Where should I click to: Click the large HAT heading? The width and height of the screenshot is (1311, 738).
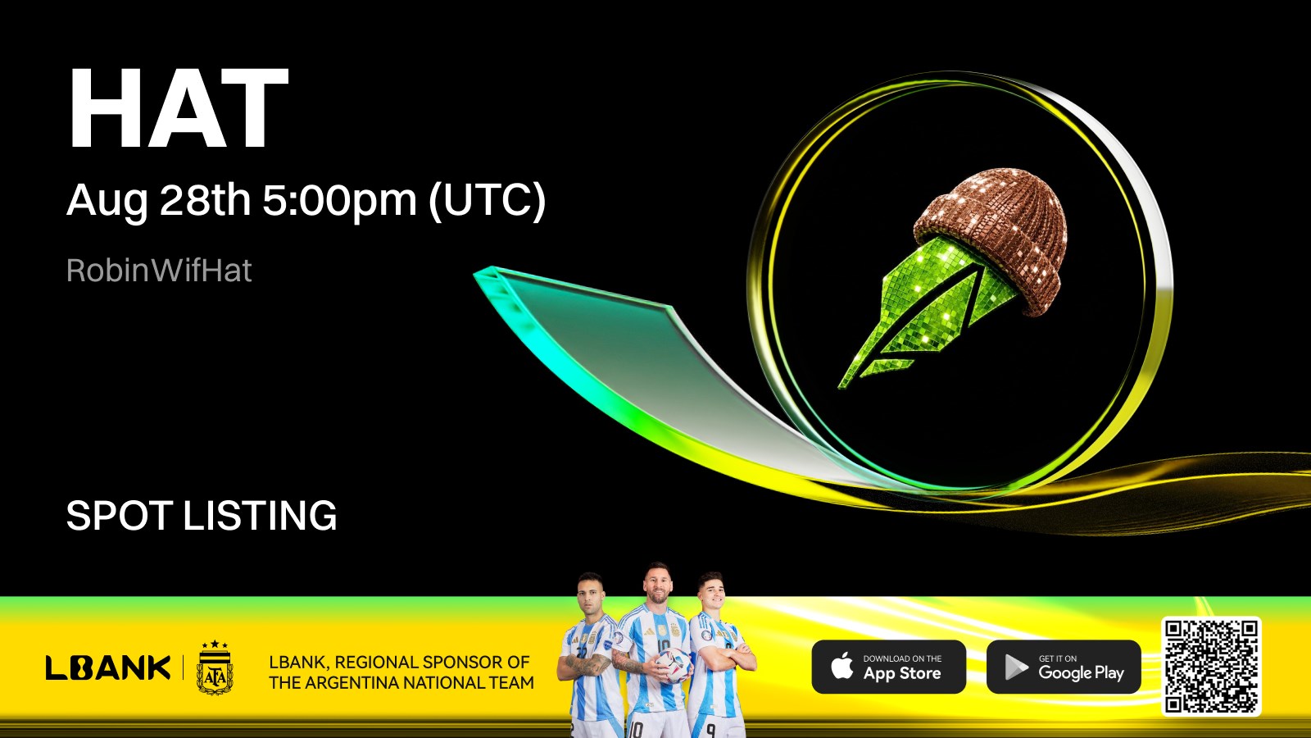point(179,108)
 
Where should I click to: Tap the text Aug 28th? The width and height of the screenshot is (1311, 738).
point(159,200)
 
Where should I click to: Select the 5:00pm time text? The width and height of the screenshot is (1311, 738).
point(339,200)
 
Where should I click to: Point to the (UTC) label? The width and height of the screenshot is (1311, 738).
point(487,200)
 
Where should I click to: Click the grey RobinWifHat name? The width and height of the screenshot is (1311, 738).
point(159,270)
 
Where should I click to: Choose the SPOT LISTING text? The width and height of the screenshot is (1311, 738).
point(202,516)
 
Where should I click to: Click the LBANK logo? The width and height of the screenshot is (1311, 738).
point(108,667)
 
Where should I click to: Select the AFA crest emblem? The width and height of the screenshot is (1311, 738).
point(215,667)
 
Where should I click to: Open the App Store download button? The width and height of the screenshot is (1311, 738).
point(888,667)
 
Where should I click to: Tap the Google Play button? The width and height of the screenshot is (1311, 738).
point(1064,667)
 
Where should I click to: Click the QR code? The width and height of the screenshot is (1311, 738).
point(1211,666)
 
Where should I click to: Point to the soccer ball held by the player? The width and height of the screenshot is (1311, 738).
point(672,665)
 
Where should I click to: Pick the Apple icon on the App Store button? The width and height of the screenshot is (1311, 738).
point(842,666)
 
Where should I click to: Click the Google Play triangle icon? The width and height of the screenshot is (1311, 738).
point(1016,667)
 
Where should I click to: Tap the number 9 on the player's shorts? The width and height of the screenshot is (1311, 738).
point(710,730)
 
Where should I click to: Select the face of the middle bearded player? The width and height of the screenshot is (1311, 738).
point(658,585)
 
